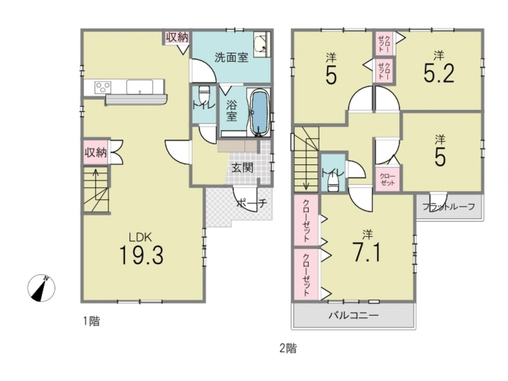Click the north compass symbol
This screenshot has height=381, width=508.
coord(41,288)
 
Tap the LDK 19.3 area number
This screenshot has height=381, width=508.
coord(141,255)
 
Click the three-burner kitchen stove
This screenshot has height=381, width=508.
coord(103,87)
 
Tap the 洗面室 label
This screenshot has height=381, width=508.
coord(231,58)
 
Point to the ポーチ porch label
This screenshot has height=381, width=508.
coord(251,204)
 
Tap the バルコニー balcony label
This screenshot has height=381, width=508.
coord(354,315)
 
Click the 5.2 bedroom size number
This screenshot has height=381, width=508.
coord(439,74)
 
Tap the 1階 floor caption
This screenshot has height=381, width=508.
coord(91,321)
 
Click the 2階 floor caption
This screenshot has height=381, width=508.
coord(288,348)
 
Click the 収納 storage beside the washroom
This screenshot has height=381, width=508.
coord(177,37)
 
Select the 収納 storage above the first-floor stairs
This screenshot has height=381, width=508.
coord(96,152)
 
